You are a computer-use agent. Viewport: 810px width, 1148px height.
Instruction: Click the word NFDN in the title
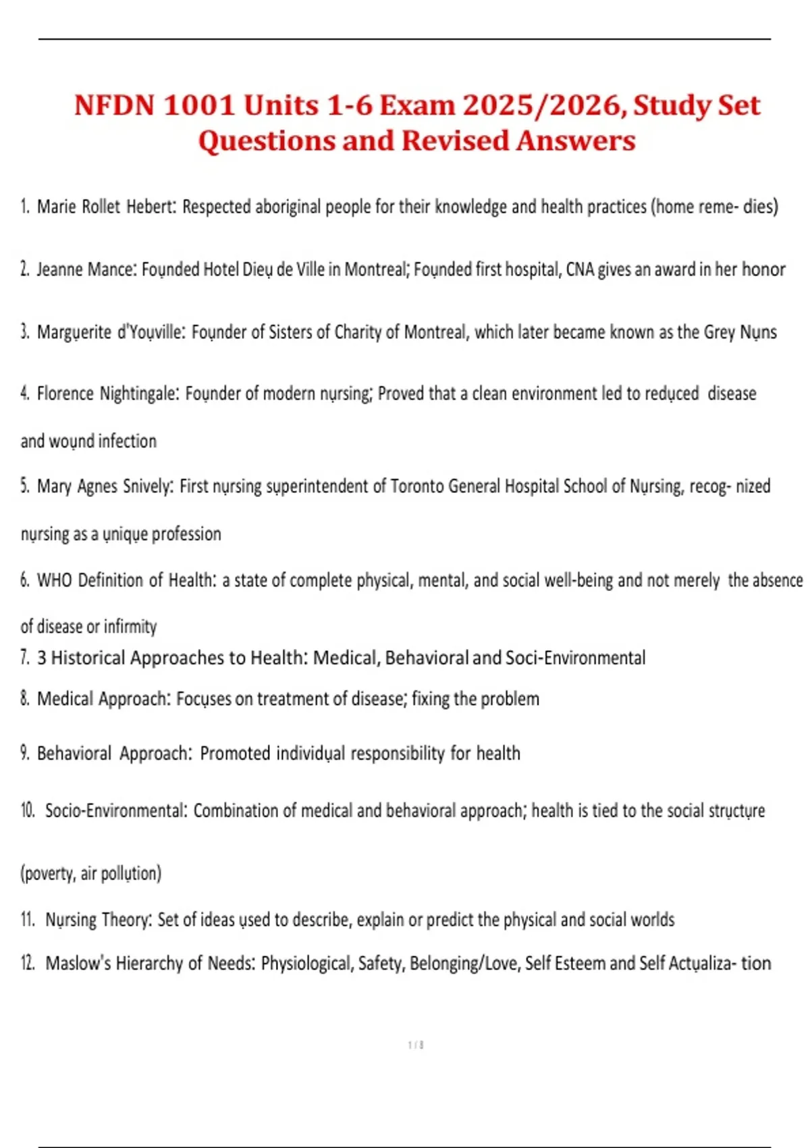[x=114, y=106]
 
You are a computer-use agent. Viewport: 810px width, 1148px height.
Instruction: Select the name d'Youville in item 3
[x=151, y=332]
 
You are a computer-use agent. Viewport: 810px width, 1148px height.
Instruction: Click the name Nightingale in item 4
[x=140, y=394]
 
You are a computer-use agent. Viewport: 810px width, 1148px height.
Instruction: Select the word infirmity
[x=130, y=627]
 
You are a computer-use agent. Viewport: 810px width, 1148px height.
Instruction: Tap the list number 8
[x=25, y=699]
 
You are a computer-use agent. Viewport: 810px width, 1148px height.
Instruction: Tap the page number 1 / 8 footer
[x=416, y=1045]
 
